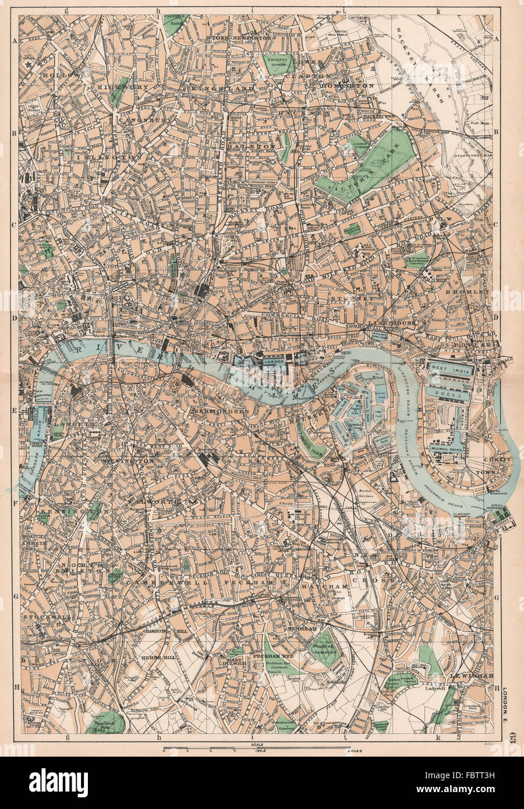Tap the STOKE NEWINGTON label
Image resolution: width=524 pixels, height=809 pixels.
tap(238, 37)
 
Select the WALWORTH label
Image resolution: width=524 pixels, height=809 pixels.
tap(156, 501)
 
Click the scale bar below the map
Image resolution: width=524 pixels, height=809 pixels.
tap(261, 747)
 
